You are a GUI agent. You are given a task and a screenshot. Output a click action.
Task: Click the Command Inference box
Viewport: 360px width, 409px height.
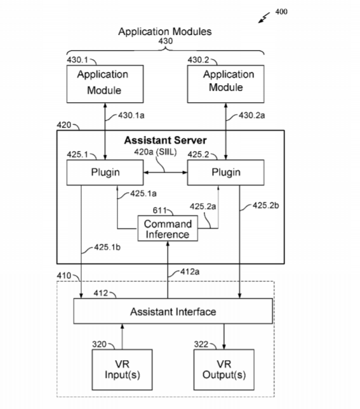tap(168, 228)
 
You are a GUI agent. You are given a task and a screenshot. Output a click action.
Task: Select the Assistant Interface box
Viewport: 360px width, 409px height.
tap(173, 311)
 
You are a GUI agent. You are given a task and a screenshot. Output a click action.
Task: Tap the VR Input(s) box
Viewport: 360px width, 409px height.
tap(122, 370)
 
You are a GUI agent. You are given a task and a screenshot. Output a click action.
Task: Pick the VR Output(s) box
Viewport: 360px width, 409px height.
tap(224, 370)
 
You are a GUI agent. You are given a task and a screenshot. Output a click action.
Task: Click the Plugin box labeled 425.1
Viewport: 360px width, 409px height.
tap(105, 172)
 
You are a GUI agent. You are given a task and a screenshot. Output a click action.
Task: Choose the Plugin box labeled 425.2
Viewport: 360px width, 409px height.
tap(226, 172)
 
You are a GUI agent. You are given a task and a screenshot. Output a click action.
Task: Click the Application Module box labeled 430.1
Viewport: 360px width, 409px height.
tap(105, 84)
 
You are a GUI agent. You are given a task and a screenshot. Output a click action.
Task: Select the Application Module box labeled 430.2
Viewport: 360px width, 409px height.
tap(226, 84)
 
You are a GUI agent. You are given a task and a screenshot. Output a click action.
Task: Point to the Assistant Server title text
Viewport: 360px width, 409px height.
tap(165, 140)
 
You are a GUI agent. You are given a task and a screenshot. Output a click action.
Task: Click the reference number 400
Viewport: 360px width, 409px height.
tap(281, 11)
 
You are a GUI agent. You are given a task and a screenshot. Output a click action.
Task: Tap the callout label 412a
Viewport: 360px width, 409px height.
tap(190, 272)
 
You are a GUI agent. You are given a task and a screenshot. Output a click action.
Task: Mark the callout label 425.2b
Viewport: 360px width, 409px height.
tap(265, 206)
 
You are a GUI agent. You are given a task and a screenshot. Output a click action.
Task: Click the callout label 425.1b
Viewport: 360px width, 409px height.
tap(107, 247)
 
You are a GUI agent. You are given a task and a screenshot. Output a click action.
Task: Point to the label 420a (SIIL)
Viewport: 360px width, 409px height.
tap(156, 152)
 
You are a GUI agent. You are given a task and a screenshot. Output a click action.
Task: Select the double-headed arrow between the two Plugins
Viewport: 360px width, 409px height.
tap(165, 172)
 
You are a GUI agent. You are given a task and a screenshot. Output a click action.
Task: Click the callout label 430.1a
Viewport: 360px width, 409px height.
tap(131, 116)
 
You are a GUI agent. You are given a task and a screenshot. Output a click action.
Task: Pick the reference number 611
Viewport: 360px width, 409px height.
tap(159, 210)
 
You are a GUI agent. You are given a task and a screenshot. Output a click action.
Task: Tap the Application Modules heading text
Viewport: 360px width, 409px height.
tap(165, 32)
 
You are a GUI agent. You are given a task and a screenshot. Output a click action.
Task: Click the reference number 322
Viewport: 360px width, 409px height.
tap(201, 344)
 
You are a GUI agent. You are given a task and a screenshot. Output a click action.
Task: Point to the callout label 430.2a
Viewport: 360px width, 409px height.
tap(252, 116)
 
